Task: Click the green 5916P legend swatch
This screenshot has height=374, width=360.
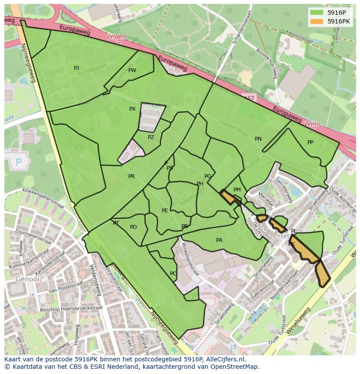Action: (317, 13)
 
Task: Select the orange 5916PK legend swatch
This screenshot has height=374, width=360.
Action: (317, 21)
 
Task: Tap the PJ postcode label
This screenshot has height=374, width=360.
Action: (77, 68)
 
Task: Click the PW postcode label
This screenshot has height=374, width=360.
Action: (132, 70)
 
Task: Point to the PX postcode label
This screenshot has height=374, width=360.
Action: (133, 109)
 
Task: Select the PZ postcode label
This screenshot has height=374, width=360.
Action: (151, 137)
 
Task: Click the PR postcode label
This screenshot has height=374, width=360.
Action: (131, 176)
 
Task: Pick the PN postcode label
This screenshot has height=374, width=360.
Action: (258, 139)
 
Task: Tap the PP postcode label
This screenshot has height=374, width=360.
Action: (310, 142)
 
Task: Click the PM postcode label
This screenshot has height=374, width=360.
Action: (237, 190)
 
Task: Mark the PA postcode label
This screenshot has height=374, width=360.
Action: (219, 240)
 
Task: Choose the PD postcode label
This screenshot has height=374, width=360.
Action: (133, 227)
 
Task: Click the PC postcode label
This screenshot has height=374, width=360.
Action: (173, 274)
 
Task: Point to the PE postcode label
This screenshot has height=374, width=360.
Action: (165, 211)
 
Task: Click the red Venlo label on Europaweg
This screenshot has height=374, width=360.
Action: (312, 124)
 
